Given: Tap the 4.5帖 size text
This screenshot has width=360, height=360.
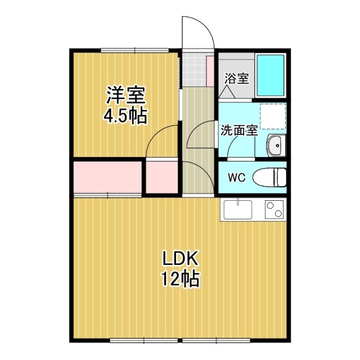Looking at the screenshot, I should [125, 115].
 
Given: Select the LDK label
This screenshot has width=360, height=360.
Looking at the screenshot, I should [181, 259].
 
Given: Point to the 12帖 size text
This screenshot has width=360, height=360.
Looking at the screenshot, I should [181, 279].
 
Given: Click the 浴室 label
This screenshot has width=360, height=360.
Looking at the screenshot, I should [237, 78].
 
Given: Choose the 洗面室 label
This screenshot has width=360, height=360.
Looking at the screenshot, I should [238, 130].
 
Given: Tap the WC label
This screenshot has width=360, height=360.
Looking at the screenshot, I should [236, 178].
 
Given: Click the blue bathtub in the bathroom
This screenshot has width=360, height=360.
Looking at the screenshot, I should [271, 75].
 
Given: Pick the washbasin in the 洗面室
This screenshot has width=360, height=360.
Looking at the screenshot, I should [275, 146].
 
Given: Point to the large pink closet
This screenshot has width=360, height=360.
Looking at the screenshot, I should [107, 177].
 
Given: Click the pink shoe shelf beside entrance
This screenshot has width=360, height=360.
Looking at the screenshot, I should [210, 70].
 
